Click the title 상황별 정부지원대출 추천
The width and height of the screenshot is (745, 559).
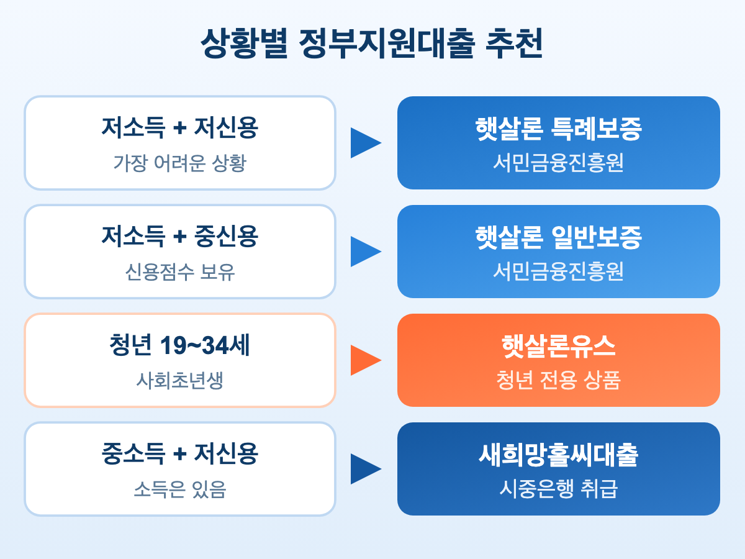[372, 45]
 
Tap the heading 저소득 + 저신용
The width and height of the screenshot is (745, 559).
[180, 128]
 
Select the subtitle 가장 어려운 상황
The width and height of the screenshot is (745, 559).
[180, 163]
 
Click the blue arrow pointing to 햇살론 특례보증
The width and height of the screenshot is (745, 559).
[366, 143]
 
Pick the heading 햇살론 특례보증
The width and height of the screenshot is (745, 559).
[558, 129]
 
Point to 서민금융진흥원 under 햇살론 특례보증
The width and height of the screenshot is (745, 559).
[558, 163]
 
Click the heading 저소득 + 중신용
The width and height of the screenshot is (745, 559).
[180, 237]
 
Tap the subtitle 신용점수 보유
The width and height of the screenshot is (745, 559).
[180, 271]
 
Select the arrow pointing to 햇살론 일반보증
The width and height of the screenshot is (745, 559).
[366, 252]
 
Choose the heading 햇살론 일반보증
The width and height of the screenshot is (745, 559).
[558, 237]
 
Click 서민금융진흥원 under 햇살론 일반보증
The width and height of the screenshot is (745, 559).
[558, 271]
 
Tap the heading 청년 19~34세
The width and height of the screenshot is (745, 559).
[180, 346]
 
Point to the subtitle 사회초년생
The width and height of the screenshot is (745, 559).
[180, 380]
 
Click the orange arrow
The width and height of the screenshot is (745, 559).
[366, 360]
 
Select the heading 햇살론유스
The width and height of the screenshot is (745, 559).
[558, 346]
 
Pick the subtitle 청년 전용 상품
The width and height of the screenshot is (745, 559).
[558, 380]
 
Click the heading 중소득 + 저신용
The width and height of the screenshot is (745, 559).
[180, 454]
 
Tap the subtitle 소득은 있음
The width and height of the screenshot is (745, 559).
[180, 489]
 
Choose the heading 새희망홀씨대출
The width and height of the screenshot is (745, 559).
[558, 455]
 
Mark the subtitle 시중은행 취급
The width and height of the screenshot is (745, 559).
[558, 489]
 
